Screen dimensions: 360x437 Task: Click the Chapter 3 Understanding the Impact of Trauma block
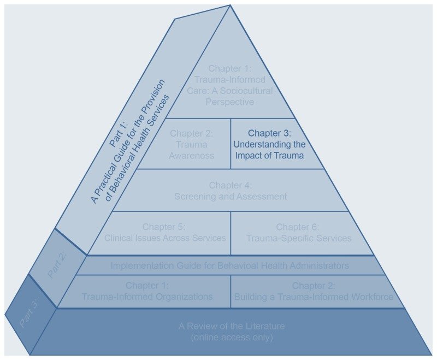click(x=269, y=144)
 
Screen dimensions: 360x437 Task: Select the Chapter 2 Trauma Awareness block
click(x=191, y=144)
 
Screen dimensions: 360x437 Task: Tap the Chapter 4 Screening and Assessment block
click(x=231, y=191)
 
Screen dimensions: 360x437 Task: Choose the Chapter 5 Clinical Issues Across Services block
click(x=164, y=233)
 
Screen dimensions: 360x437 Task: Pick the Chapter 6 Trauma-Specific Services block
click(x=298, y=233)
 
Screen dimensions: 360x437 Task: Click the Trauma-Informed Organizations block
click(x=147, y=291)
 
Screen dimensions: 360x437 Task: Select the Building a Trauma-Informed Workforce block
click(x=313, y=291)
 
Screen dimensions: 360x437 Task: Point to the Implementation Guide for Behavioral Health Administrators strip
click(x=229, y=265)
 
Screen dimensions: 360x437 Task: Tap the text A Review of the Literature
click(x=232, y=327)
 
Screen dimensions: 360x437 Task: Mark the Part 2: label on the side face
click(x=57, y=265)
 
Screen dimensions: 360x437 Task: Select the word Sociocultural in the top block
click(x=251, y=91)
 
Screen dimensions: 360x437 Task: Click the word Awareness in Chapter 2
click(x=191, y=155)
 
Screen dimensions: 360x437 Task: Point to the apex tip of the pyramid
click(x=230, y=6)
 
